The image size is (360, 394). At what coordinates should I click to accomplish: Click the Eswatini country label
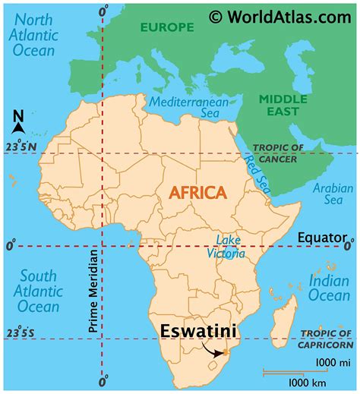point(197,331)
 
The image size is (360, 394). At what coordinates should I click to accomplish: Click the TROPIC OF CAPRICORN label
point(329,338)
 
